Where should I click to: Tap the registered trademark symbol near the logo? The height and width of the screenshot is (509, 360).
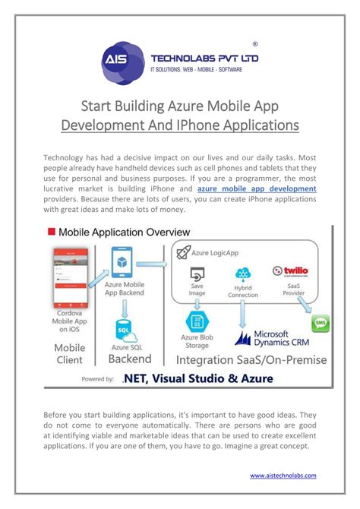click(254, 44)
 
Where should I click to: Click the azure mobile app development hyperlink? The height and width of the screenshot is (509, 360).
click(257, 187)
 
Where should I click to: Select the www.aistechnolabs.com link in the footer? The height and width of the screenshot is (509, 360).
click(283, 476)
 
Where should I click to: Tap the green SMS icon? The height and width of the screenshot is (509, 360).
click(321, 324)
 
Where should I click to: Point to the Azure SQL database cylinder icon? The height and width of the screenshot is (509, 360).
click(123, 329)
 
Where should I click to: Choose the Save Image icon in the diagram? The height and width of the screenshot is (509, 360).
click(196, 274)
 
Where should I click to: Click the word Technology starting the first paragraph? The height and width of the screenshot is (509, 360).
click(69, 156)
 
